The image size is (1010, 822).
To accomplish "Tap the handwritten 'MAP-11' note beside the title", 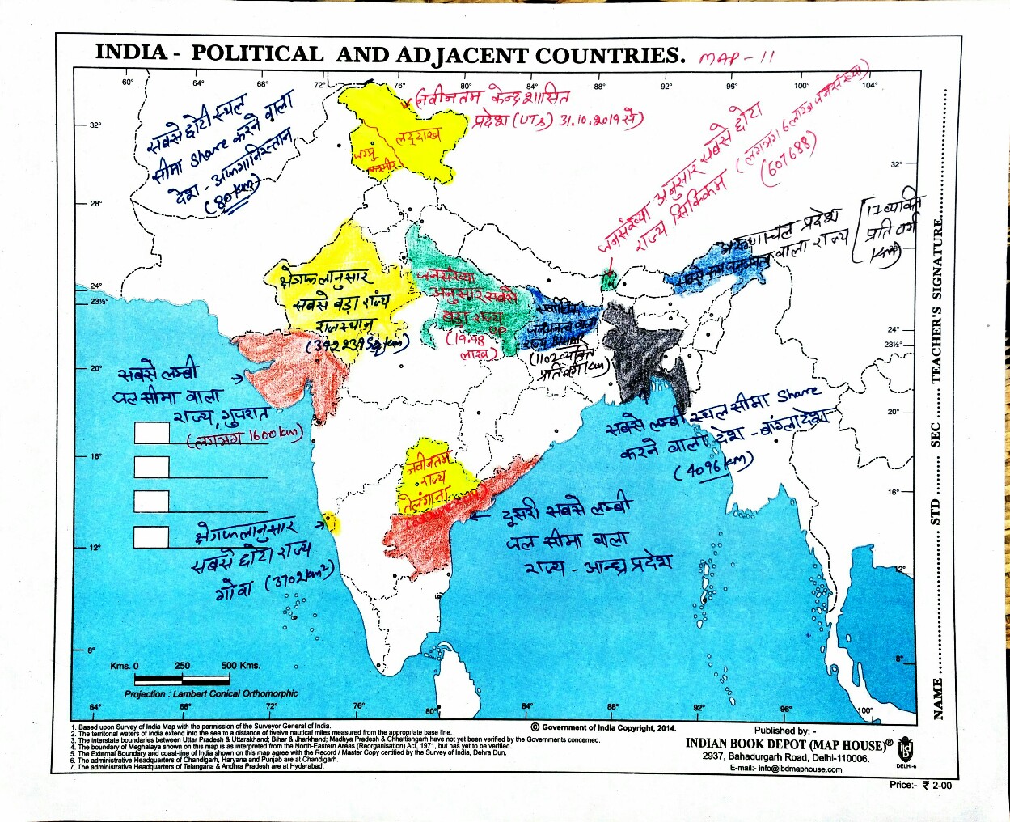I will pos(736,58).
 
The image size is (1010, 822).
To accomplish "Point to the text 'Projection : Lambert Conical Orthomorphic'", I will pos(211,694).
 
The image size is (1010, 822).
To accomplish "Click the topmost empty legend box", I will pos(151,433).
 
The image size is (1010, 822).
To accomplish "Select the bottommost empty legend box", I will pos(151,536).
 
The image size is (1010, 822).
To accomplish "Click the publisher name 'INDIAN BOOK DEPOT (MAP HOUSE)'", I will pos(784,744).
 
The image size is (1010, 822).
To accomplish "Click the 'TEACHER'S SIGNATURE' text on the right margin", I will pos(936,299).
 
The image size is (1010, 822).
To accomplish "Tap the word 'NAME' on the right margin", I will pos(938,698).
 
